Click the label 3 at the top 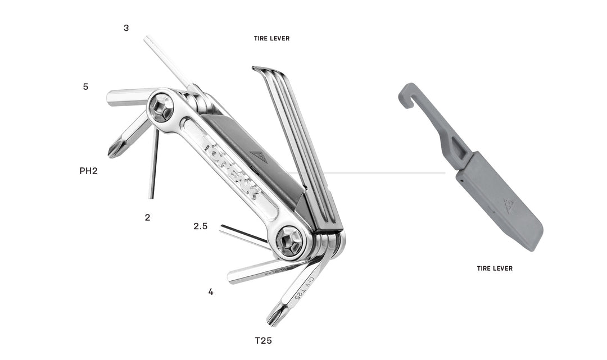coord(126,28)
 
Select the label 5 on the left coord(85,87)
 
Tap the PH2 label coord(89,171)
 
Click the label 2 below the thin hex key coord(147,217)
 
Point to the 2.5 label coord(201,226)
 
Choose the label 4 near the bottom coord(211,292)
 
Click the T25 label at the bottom coord(264,340)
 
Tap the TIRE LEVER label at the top coord(271,39)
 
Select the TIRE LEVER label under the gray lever coord(495,268)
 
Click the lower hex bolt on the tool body coord(289,242)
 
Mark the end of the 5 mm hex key coord(110,98)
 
